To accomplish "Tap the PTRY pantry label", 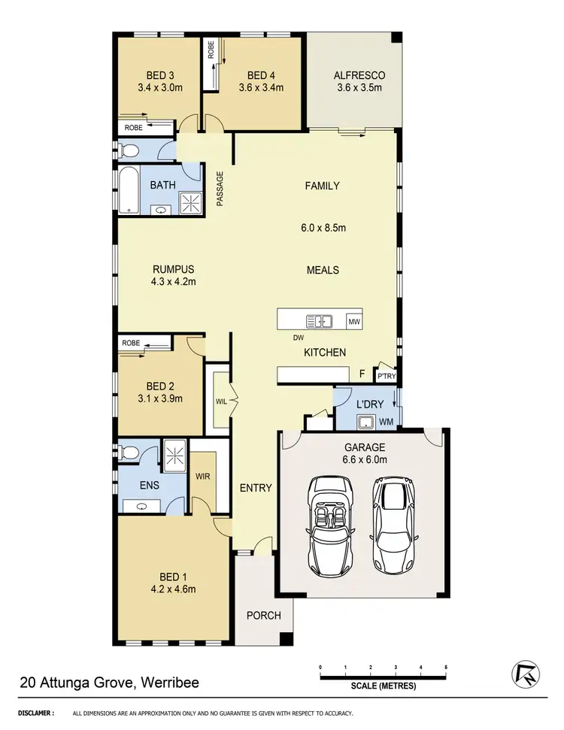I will click(x=387, y=376).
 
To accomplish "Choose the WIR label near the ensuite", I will click(x=202, y=477).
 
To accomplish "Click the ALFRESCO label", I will click(x=359, y=75).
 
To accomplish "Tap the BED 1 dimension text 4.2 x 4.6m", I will click(x=172, y=589).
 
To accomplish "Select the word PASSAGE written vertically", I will click(x=220, y=189).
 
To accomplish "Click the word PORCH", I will click(x=264, y=615).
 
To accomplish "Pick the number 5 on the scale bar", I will click(x=446, y=667).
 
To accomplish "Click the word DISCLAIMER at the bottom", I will click(x=35, y=713).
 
